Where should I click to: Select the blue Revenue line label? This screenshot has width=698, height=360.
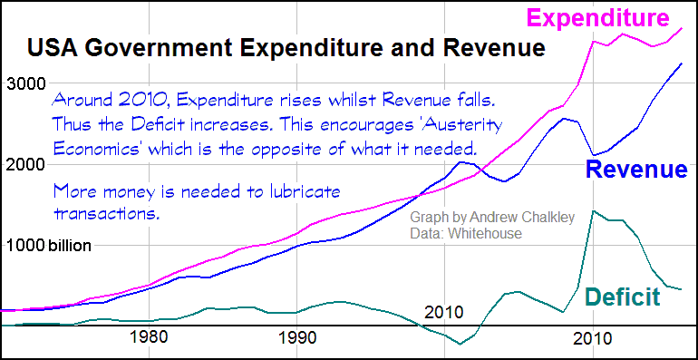(x=635, y=169)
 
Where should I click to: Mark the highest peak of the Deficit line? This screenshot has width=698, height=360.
(x=593, y=211)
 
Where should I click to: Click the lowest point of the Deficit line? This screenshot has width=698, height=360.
(x=460, y=344)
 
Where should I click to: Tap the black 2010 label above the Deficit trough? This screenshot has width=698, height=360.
(x=444, y=313)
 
